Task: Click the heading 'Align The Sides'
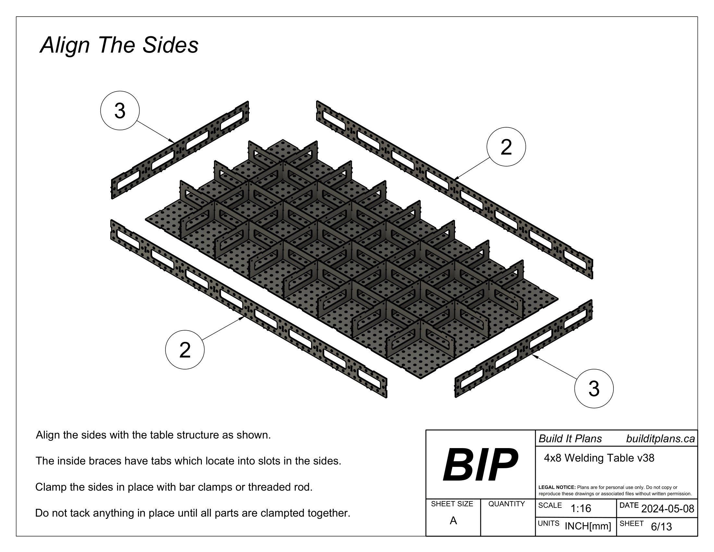[x=119, y=45]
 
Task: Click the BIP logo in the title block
[x=480, y=465]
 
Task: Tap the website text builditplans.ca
[x=660, y=439]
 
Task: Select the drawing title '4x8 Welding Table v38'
[x=599, y=458]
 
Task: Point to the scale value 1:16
[x=581, y=508]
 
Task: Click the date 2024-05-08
[x=668, y=508]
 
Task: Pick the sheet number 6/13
[x=661, y=526]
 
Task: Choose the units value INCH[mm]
[x=588, y=526]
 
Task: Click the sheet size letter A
[x=453, y=521]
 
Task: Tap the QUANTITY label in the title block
[x=506, y=504]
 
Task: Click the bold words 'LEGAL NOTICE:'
[x=557, y=487]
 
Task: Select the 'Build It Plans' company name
[x=570, y=439]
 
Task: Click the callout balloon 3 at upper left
[x=120, y=110]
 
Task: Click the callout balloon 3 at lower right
[x=594, y=388]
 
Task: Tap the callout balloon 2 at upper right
[x=506, y=147]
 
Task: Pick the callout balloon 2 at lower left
[x=185, y=350]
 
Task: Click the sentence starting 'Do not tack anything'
[x=192, y=513]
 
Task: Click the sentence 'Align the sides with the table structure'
[x=153, y=435]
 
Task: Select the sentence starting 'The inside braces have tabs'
[x=188, y=461]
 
